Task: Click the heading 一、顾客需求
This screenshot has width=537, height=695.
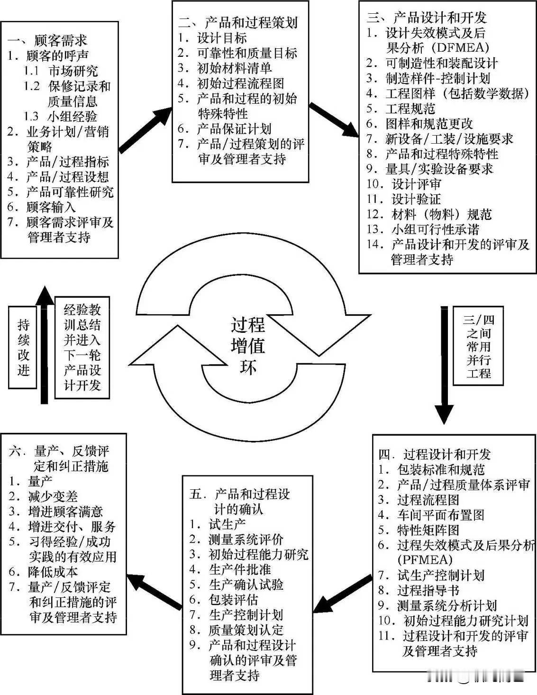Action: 47,41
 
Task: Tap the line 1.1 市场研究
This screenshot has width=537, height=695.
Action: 62,71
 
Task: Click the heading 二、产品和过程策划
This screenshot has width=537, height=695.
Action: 238,22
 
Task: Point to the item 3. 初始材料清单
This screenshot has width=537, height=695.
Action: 225,68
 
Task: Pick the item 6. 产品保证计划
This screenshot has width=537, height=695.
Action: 225,129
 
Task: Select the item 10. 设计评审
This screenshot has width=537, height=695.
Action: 404,184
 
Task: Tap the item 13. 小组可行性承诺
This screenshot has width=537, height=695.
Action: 423,229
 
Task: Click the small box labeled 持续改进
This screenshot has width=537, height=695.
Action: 23,347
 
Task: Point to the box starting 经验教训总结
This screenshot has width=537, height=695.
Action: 82,347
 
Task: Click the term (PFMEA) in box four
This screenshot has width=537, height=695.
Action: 425,560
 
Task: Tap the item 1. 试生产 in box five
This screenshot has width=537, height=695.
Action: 218,524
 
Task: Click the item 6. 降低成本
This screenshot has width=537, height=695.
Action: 44,572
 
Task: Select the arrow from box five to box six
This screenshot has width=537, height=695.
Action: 155,591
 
